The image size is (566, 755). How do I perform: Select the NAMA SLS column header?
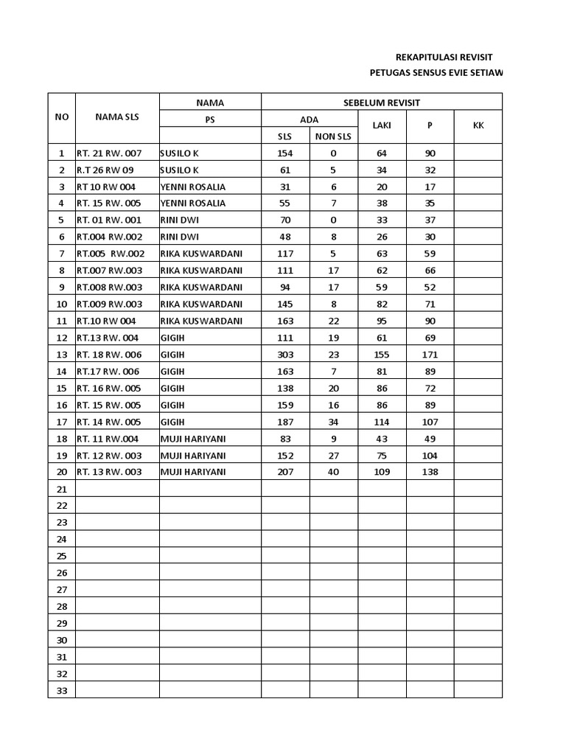tap(116, 117)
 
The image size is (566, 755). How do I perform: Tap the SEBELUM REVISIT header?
tap(382, 102)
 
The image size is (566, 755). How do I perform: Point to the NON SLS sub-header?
tap(333, 136)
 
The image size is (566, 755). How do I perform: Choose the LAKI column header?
tap(381, 125)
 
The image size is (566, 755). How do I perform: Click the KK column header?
tap(478, 125)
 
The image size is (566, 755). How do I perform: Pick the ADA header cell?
tap(310, 119)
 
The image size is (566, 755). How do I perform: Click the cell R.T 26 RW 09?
tap(106, 170)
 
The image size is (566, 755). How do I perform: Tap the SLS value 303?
tap(284, 355)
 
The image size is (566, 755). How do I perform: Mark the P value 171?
tap(430, 355)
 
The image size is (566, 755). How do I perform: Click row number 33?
tap(62, 690)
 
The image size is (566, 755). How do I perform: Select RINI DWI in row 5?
tap(179, 220)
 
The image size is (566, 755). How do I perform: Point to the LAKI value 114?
tap(382, 422)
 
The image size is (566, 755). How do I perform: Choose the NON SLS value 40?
tap(333, 472)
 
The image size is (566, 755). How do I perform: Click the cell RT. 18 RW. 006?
tap(108, 355)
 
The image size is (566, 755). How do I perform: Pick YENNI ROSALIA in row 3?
tap(192, 187)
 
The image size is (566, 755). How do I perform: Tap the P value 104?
tap(430, 455)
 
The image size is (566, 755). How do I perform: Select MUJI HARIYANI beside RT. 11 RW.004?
tap(192, 439)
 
